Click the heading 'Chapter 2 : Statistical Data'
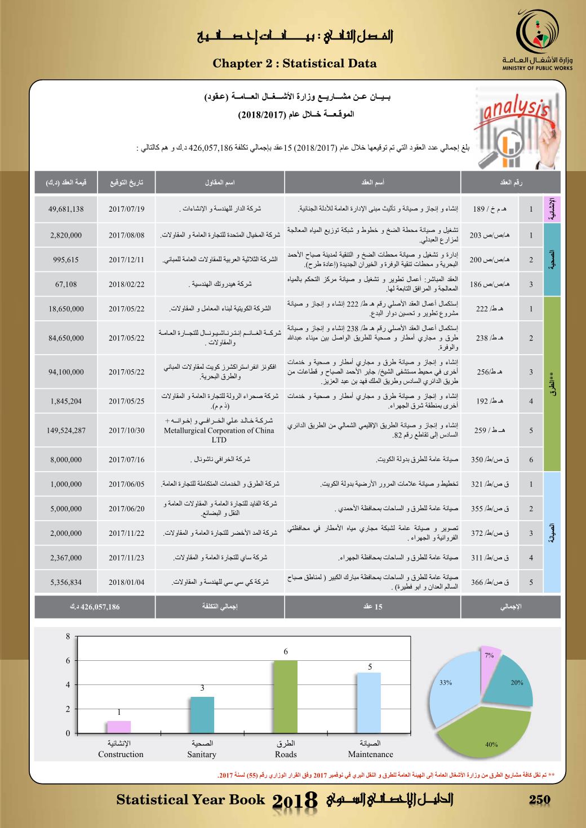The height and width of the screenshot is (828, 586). tap(295, 64)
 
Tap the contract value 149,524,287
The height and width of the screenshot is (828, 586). tap(66, 431)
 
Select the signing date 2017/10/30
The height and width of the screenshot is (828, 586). tap(127, 431)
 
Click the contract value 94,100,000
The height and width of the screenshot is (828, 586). tap(66, 372)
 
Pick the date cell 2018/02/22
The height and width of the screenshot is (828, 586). tap(127, 284)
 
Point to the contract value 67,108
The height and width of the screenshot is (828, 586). tap(66, 284)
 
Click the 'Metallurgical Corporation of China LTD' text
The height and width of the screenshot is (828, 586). tap(219, 435)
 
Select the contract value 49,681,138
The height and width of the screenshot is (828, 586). tap(66, 209)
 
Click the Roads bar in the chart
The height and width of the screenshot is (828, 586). tap(286, 697)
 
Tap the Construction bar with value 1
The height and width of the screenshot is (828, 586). tap(119, 727)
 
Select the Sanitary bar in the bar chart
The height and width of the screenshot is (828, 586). tap(202, 715)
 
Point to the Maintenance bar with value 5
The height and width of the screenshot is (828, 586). tap(370, 702)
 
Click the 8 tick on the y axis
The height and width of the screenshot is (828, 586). tap(68, 637)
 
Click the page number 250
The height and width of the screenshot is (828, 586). tap(540, 800)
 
